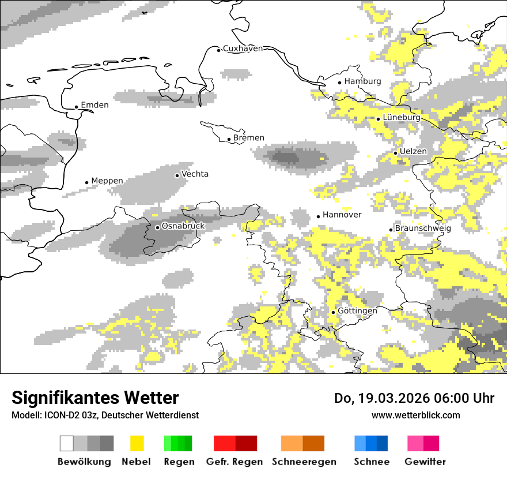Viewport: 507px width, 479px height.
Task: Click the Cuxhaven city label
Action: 243,48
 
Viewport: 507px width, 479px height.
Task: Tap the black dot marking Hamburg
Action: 340,83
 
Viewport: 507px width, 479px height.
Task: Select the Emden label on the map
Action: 94,105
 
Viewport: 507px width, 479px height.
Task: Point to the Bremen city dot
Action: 229,139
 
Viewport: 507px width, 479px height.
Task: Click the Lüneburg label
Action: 402,117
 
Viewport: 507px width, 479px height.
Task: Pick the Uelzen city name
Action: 413,151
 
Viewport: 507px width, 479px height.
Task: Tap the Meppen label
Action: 107,181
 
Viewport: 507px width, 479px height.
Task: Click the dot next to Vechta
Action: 177,175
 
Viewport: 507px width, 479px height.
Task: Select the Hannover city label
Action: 342,215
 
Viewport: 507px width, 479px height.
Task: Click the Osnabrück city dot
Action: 157,227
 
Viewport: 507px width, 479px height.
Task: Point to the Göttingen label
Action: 357,310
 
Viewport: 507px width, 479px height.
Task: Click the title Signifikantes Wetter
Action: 95,398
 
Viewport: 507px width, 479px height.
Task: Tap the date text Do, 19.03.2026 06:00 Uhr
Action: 414,398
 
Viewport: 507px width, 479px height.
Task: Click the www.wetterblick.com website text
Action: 415,415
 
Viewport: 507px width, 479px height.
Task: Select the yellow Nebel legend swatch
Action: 137,443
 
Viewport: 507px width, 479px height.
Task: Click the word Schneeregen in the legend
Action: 304,462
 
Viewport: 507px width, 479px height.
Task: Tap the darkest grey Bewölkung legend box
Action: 107,443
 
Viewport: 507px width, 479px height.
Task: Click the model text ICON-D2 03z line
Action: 105,415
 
